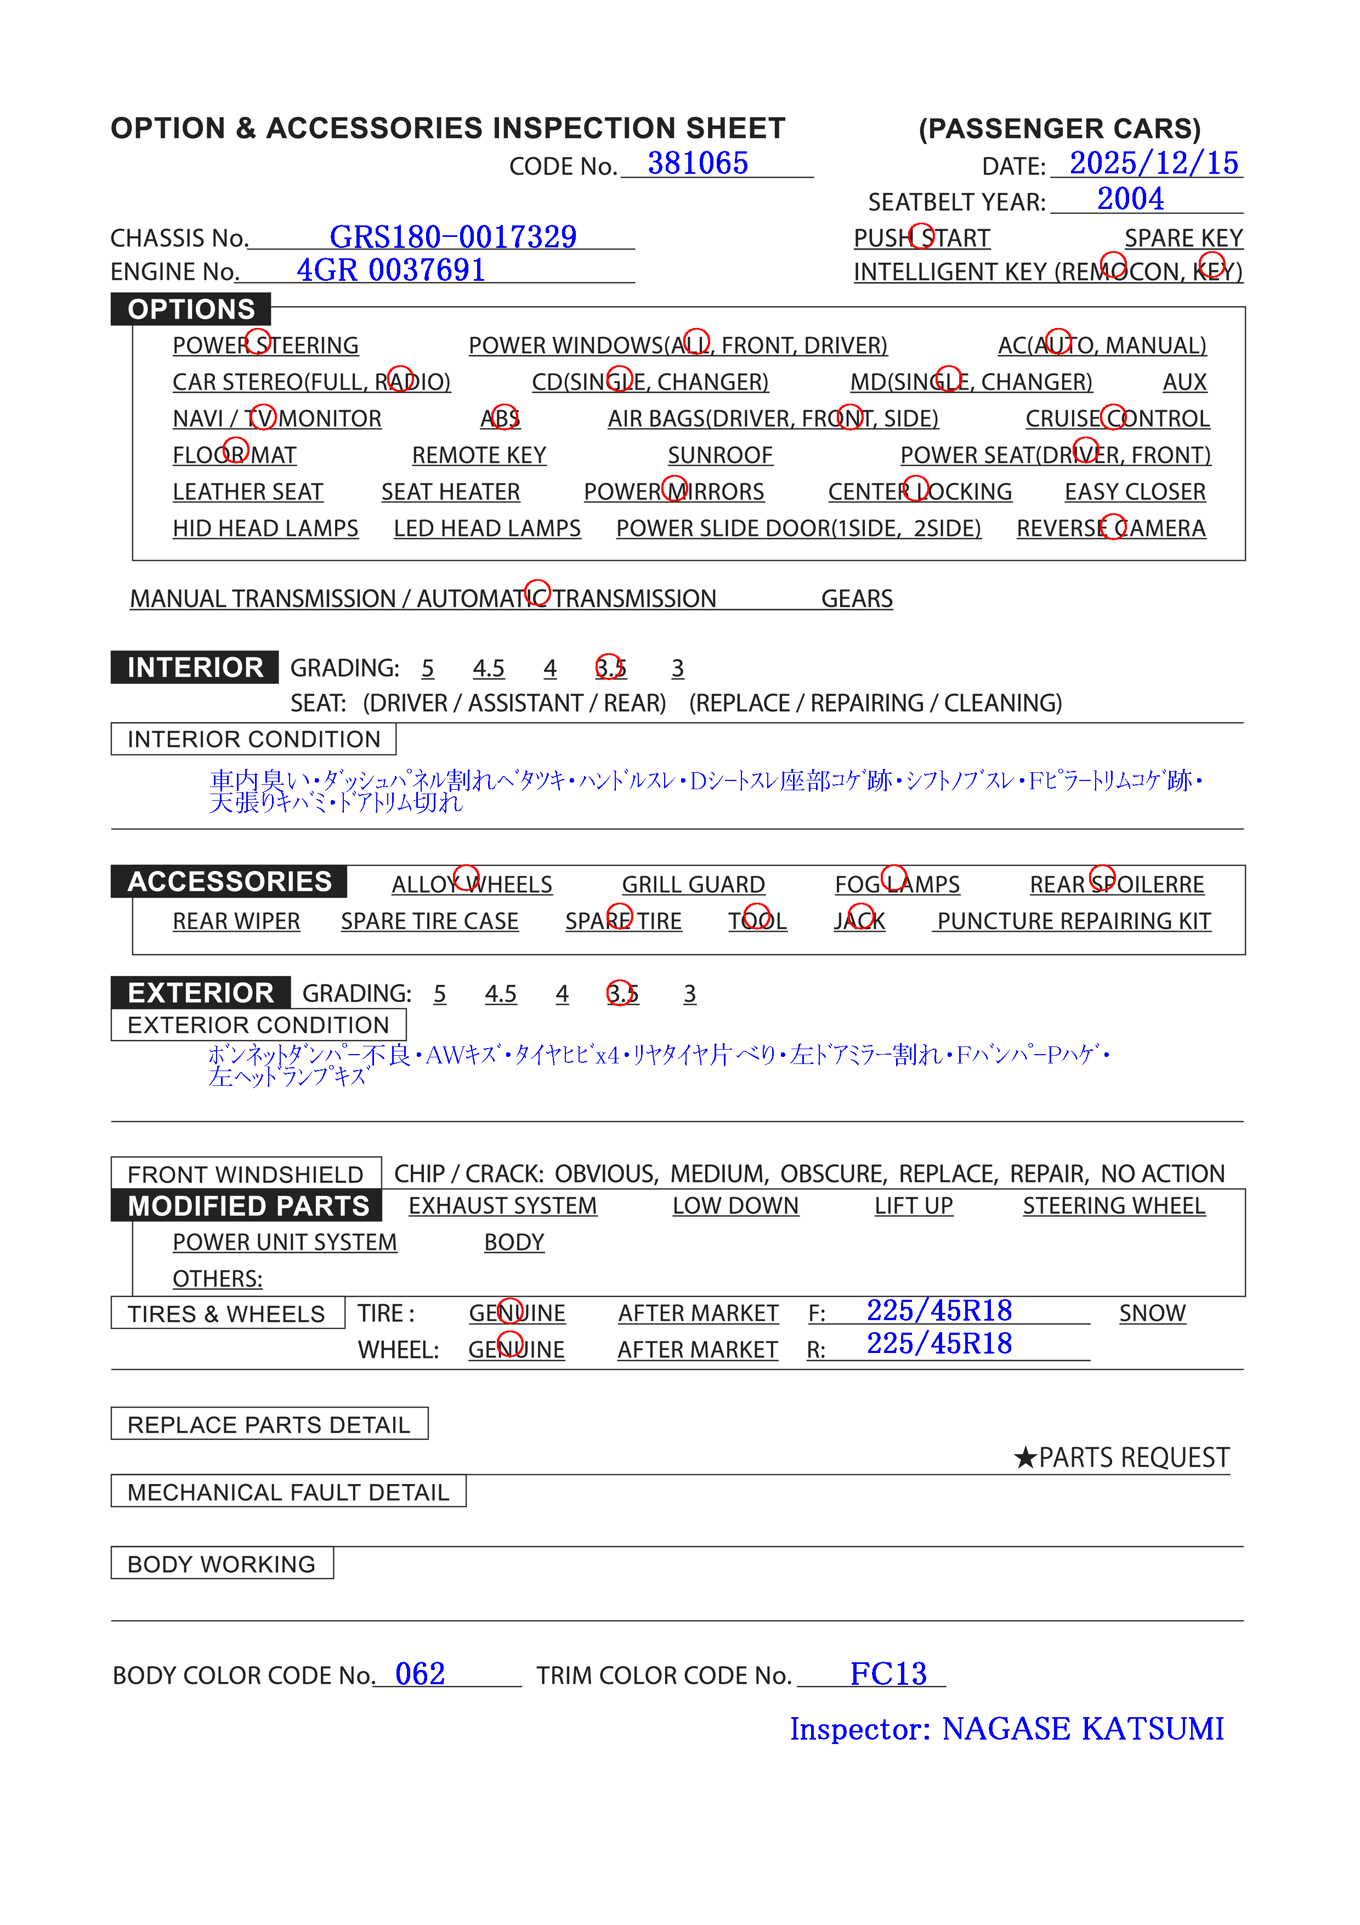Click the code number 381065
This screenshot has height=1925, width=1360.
pos(698,163)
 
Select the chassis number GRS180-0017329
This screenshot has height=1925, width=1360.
pos(453,237)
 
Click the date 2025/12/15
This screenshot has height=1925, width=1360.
pos(1154,163)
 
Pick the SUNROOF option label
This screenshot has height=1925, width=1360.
pos(720,455)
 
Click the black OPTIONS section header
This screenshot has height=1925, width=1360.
pos(191,309)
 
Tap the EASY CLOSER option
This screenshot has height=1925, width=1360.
pos(1135,492)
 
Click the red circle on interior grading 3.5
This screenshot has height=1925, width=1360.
pos(610,666)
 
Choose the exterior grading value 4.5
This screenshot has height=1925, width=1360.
pos(501,994)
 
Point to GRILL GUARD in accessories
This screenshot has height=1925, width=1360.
pos(693,885)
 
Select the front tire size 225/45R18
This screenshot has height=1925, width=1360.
pos(939,1310)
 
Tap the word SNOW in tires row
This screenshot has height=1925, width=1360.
pos(1153,1313)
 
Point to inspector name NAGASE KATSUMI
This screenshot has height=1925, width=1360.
pos(1083,1729)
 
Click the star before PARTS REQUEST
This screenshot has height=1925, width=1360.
pos(1024,1458)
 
